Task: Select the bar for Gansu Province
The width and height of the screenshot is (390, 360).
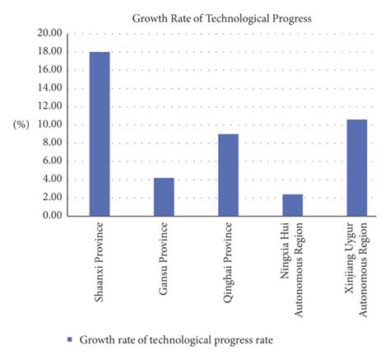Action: (x=164, y=197)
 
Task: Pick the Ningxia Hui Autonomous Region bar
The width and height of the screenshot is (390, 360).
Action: (x=292, y=205)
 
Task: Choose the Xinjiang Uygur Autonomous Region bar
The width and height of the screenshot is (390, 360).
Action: (x=356, y=167)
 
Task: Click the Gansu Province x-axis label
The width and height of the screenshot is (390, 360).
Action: (x=164, y=258)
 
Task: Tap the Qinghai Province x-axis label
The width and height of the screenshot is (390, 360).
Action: (x=228, y=259)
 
